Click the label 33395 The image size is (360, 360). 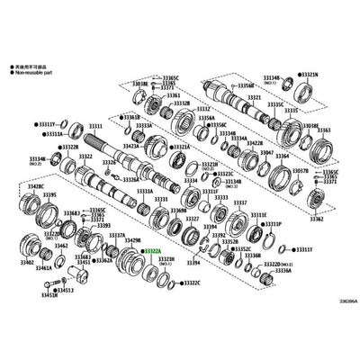tap(49, 194)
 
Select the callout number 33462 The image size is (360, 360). tap(62, 244)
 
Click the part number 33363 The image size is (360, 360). tap(325, 132)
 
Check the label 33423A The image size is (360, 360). tap(130, 145)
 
